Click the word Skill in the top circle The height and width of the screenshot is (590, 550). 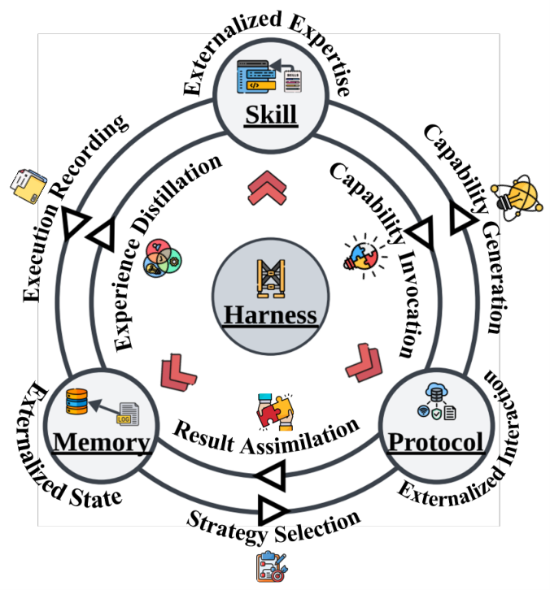point(271,115)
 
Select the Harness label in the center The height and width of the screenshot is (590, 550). point(270,315)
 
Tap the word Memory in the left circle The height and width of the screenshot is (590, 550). point(102,442)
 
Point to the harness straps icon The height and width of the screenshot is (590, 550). point(271,279)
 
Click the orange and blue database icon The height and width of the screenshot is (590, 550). point(76,401)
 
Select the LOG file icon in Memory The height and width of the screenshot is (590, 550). point(129,414)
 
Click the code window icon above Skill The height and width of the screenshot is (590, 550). point(256,76)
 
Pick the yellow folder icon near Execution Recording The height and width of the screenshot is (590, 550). point(28,186)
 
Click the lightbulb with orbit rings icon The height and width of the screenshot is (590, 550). point(518,197)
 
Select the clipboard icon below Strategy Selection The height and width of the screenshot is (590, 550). point(271,566)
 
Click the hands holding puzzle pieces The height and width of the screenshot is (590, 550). point(275,412)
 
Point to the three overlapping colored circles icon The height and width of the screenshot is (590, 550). point(163,258)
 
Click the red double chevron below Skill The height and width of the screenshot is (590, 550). point(267,189)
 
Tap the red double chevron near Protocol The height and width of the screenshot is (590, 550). point(364,362)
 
